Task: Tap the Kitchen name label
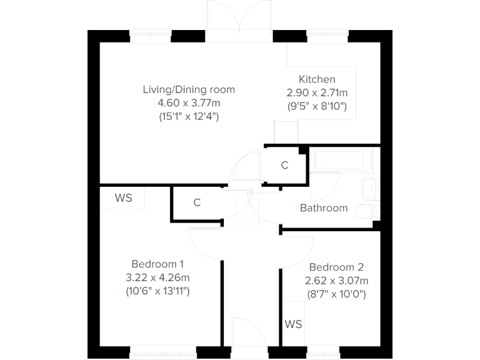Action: (x=317, y=79)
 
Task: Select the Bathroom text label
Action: (x=323, y=208)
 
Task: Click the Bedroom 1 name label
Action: (x=157, y=264)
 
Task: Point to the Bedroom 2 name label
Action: (x=336, y=266)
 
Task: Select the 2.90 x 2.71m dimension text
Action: (x=317, y=92)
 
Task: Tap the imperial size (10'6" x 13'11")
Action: (x=157, y=291)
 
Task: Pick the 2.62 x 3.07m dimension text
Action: (x=336, y=280)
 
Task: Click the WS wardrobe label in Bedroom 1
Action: (x=123, y=198)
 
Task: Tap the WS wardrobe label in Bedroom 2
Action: (x=293, y=324)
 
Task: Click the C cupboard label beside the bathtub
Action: (x=284, y=166)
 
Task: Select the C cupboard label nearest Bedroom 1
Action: (x=197, y=202)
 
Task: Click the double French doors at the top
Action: (x=240, y=22)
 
